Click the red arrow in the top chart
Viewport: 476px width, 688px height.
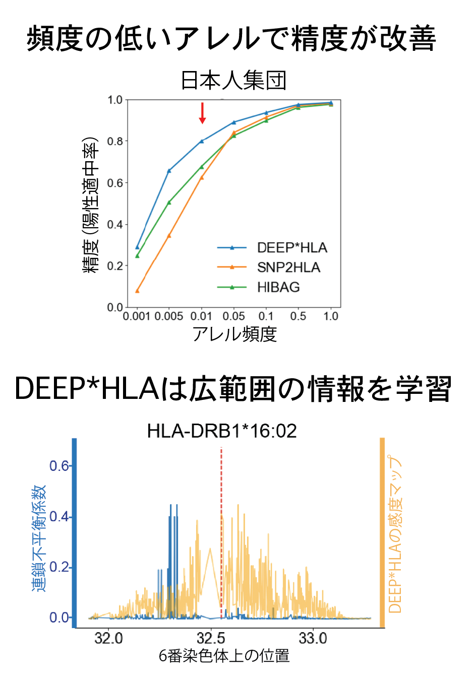(202, 113)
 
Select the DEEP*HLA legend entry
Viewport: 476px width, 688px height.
(292, 248)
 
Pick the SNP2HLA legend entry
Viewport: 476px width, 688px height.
(288, 267)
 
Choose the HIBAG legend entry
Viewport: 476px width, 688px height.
(278, 287)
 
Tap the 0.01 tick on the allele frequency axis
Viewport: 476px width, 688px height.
(201, 316)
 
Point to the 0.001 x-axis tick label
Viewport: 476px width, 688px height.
(137, 316)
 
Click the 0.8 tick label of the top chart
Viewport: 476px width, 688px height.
(115, 142)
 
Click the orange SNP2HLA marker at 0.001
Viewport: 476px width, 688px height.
(137, 291)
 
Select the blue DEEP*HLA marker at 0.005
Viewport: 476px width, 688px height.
(169, 171)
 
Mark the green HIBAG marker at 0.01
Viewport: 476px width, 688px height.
(202, 167)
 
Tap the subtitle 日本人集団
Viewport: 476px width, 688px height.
(233, 81)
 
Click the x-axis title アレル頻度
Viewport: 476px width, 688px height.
(235, 334)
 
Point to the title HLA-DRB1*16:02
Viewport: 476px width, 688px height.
(222, 431)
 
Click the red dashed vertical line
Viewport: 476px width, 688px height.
(221, 529)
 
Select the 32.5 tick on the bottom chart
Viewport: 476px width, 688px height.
(211, 639)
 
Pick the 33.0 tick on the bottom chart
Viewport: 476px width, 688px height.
(313, 639)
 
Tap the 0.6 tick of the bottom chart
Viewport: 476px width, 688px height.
(59, 466)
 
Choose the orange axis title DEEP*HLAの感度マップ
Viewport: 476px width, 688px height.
(395, 534)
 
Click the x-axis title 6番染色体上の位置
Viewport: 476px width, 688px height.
(224, 656)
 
